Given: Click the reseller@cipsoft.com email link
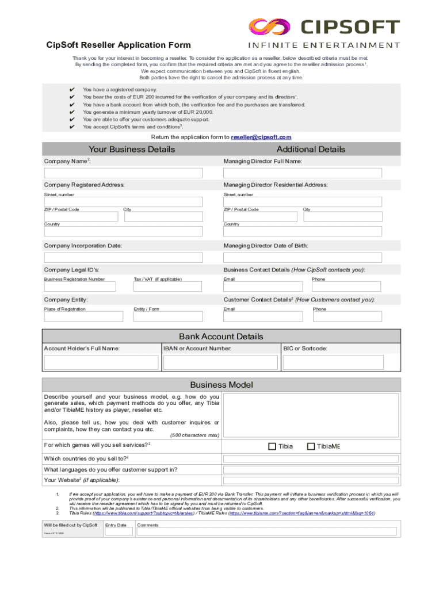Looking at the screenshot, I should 261,137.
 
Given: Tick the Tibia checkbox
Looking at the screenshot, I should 273,446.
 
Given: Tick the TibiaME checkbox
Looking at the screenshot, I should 311,446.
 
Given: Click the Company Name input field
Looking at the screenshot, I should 123,173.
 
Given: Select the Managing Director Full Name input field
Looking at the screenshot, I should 302,173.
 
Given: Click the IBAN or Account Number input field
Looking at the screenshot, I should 221,362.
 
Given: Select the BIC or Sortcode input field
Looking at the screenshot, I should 340,362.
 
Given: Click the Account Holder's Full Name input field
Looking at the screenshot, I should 102,362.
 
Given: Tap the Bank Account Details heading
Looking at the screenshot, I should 221,336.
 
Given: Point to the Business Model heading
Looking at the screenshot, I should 221,385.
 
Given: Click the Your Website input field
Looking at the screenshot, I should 310,480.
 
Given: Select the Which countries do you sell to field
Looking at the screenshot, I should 310,458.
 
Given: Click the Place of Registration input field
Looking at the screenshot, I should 83,316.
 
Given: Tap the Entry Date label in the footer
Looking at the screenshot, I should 116,525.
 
